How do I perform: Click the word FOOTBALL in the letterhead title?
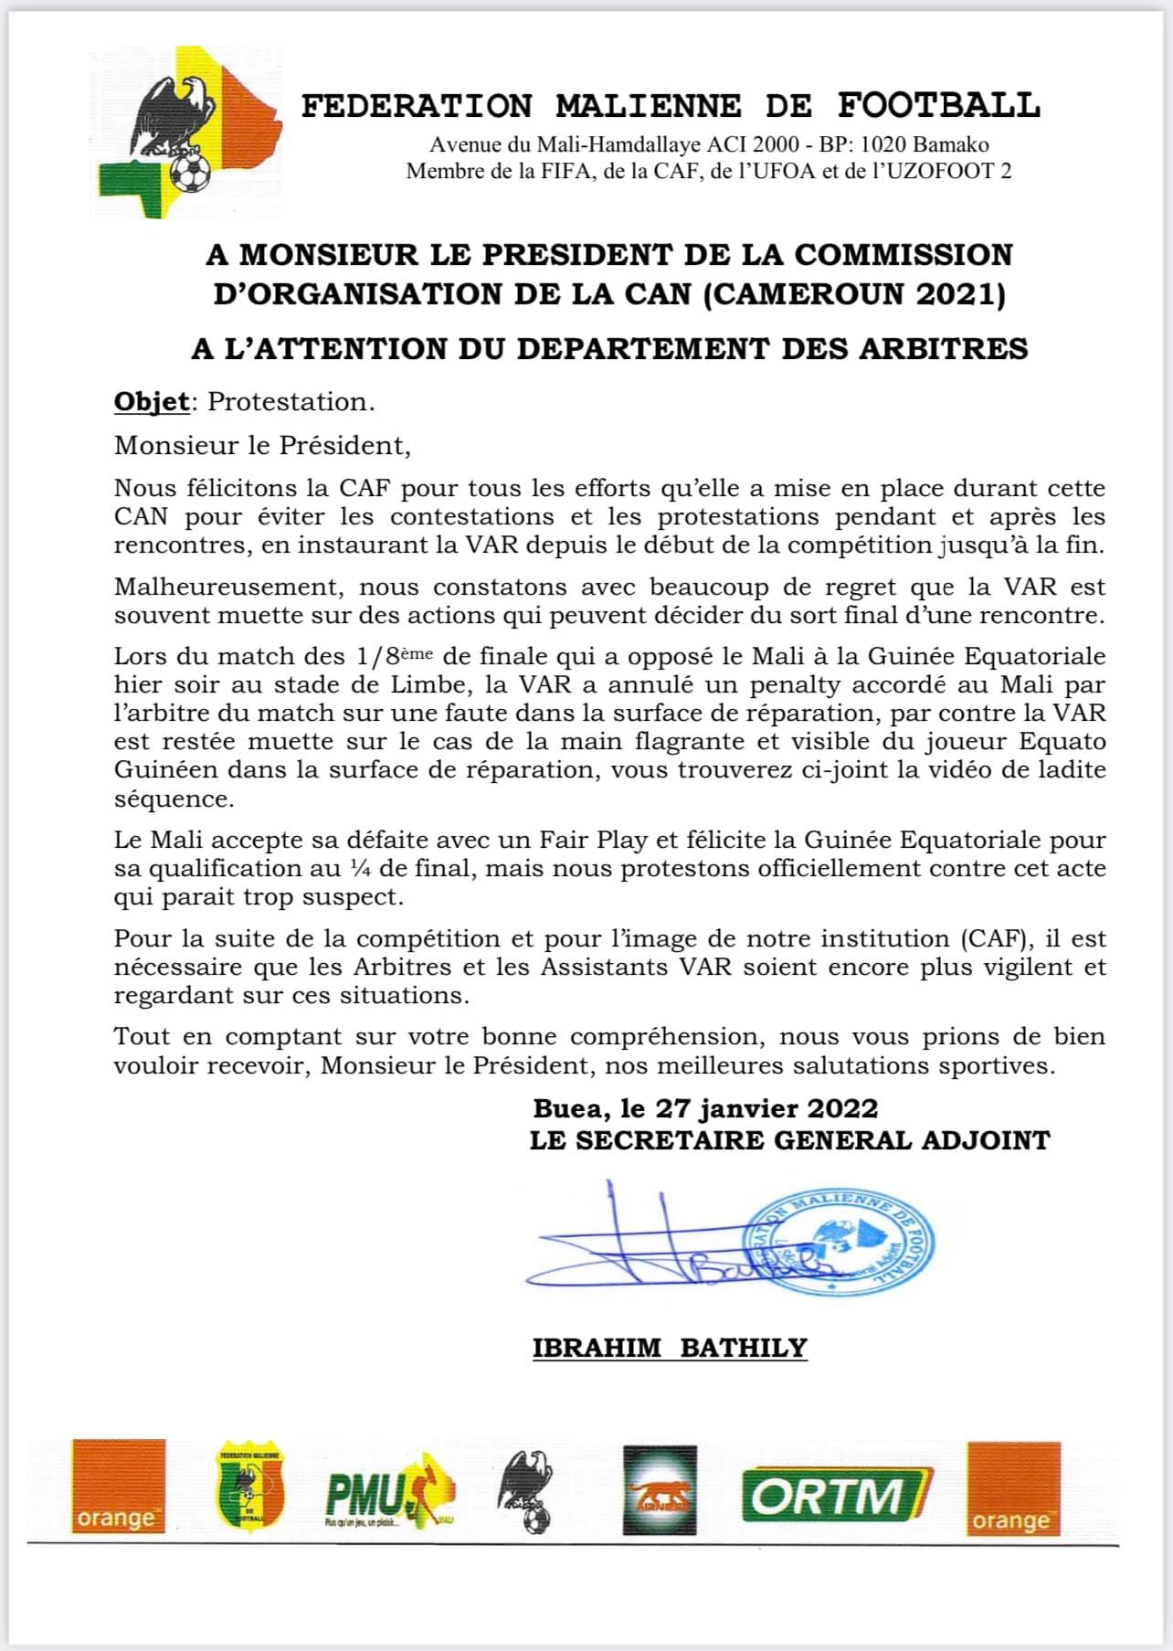[x=939, y=106]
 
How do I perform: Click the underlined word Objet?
[x=152, y=401]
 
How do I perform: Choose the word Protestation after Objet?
[x=290, y=402]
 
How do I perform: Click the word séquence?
[x=173, y=799]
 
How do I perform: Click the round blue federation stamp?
[x=840, y=1244]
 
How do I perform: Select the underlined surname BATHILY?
[x=744, y=1348]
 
